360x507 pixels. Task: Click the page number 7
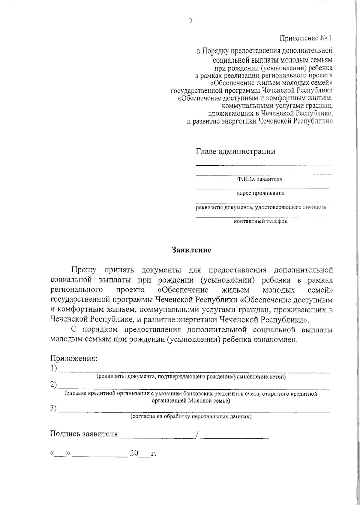tap(191, 21)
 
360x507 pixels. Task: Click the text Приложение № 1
tap(306, 38)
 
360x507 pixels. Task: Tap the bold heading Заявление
tap(191, 250)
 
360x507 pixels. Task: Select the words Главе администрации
tap(235, 151)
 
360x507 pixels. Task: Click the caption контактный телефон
tap(260, 221)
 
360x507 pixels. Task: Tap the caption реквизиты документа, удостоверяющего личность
tap(261, 207)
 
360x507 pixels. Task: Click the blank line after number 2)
tap(195, 389)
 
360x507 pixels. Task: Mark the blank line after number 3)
tap(195, 412)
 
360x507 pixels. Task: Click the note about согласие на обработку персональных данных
tap(191, 417)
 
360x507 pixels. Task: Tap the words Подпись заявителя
tap(84, 434)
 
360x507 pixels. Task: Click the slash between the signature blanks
tap(197, 434)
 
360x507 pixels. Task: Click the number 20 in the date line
tap(134, 453)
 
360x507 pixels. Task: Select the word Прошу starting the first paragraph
tap(84, 270)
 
